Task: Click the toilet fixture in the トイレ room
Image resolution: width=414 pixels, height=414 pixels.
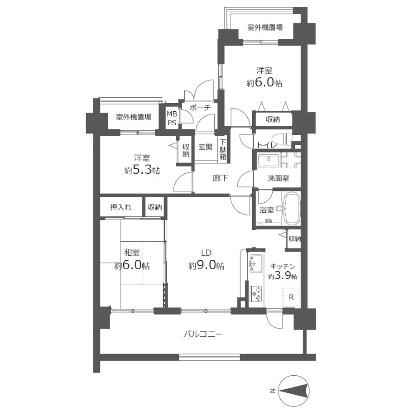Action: click(282, 139)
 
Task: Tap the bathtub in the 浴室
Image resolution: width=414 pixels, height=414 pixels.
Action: click(291, 209)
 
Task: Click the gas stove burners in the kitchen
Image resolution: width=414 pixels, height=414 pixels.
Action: click(256, 293)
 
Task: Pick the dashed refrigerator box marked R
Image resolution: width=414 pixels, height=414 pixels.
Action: click(291, 297)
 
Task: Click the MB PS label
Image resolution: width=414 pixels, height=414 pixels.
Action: click(172, 119)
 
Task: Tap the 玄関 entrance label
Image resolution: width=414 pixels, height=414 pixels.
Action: click(205, 147)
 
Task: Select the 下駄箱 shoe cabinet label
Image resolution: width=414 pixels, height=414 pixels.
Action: click(223, 150)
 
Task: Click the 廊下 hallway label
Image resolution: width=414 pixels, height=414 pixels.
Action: click(220, 178)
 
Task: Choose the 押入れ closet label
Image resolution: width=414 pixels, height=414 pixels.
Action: click(121, 208)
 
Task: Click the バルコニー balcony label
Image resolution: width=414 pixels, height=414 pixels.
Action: click(203, 334)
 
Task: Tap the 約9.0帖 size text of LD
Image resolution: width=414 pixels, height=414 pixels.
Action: click(206, 265)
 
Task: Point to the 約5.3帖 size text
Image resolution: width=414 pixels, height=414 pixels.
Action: click(142, 170)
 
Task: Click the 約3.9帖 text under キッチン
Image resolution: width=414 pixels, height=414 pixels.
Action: click(283, 276)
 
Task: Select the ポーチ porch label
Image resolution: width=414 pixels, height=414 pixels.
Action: click(200, 108)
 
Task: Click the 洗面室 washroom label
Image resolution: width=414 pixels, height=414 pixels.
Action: click(278, 178)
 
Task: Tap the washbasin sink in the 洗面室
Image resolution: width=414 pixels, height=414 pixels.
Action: click(269, 160)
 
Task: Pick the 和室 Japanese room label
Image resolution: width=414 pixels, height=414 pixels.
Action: click(132, 253)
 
